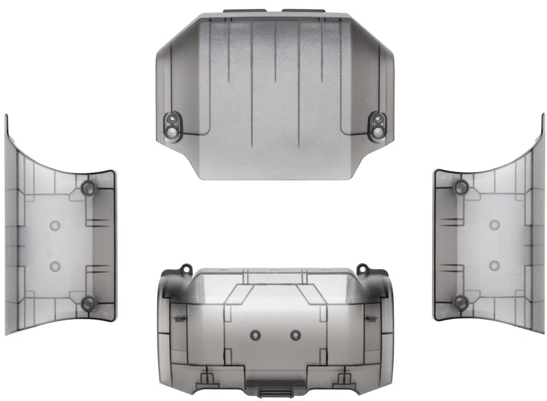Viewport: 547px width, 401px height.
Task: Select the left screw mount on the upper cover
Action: click(x=173, y=125)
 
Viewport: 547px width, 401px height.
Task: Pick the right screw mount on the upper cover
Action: click(x=376, y=125)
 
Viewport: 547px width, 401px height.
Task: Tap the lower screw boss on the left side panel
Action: click(x=88, y=303)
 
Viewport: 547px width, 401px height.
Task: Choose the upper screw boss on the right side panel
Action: click(x=460, y=188)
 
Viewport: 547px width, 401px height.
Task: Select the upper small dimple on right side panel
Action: click(x=495, y=225)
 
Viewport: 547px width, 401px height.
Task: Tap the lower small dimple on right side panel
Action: click(x=495, y=265)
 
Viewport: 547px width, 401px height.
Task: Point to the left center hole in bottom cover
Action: click(x=255, y=334)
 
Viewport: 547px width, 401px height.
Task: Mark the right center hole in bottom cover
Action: click(x=295, y=334)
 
